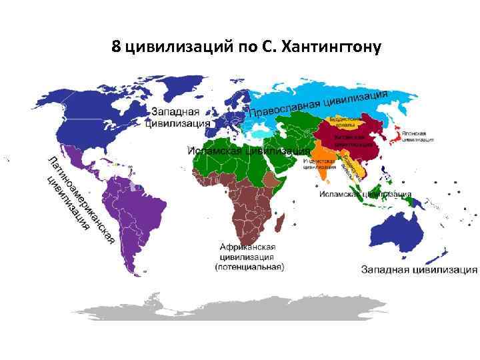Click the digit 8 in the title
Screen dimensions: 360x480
tap(116, 47)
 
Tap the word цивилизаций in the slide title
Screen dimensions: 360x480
tap(169, 48)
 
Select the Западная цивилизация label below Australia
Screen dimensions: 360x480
tap(419, 270)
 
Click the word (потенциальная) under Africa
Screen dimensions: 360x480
tap(249, 267)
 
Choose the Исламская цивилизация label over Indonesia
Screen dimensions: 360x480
tap(357, 195)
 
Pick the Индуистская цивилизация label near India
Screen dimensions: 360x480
tap(317, 164)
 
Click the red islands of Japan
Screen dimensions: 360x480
tap(397, 135)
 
